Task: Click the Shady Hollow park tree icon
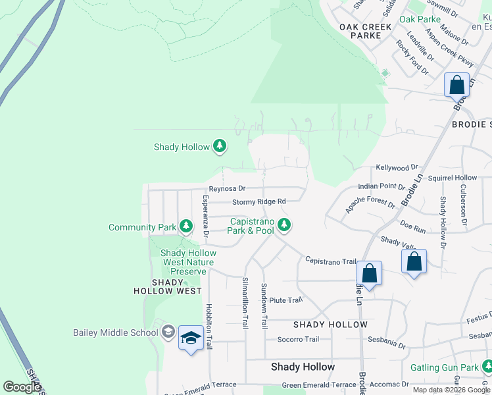220,147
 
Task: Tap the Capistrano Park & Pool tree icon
284,225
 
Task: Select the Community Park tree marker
186,227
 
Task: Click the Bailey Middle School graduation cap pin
191,338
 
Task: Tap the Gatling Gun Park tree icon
487,367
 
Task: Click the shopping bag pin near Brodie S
456,86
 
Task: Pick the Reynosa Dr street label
227,188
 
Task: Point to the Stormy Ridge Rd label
258,201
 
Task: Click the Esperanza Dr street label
206,216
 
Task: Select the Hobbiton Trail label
209,325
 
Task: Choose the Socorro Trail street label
297,340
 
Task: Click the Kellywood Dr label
397,169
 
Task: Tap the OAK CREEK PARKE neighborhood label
365,31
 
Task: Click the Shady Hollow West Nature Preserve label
188,262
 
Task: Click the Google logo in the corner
22,387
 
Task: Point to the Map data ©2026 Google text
451,390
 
